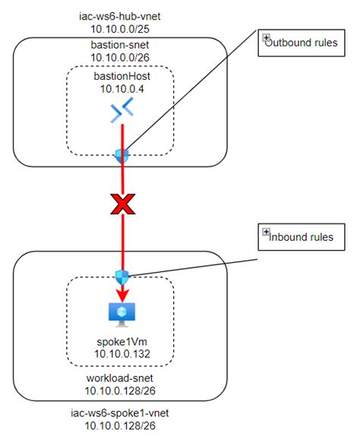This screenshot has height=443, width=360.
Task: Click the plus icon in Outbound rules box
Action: [x=267, y=39]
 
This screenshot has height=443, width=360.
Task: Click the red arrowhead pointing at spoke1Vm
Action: [x=120, y=295]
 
